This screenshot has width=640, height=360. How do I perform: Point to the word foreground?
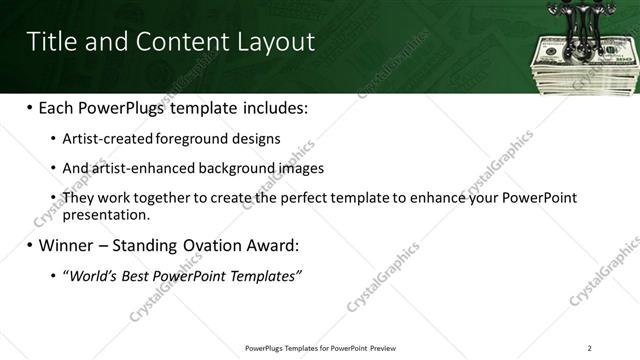click(189, 139)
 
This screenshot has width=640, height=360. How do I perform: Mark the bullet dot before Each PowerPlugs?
click(29, 107)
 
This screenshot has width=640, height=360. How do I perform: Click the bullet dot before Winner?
click(29, 245)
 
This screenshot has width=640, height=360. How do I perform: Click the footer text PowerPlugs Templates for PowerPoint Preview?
click(319, 348)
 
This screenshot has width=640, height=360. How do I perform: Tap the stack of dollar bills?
click(580, 65)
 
